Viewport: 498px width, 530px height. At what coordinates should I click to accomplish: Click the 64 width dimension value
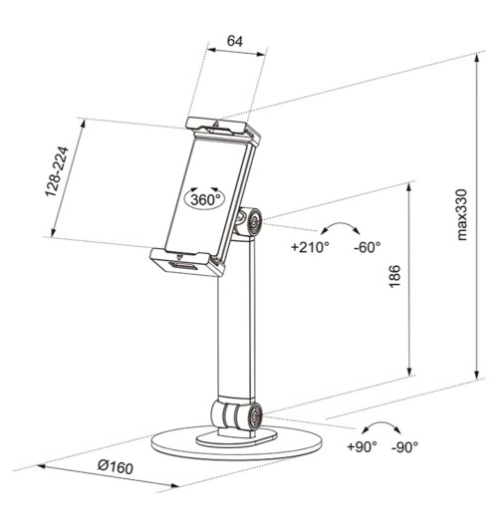[x=235, y=41]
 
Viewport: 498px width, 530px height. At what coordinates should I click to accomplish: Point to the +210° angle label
[x=310, y=247]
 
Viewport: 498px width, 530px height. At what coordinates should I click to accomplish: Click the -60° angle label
[x=367, y=247]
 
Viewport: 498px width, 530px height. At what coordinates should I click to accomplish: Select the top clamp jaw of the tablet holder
[x=222, y=129]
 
